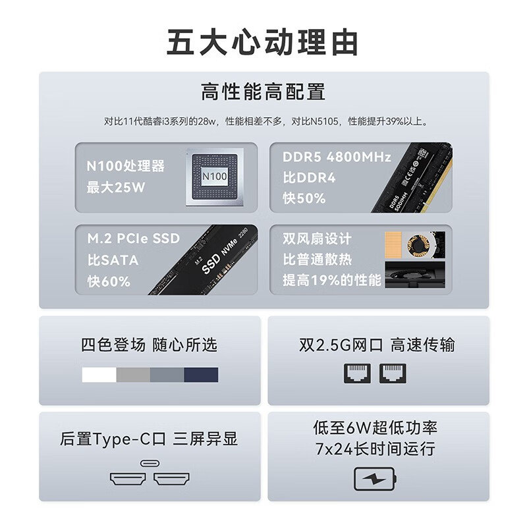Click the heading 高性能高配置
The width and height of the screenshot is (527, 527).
pos(263,91)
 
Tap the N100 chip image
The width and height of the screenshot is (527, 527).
pos(214,177)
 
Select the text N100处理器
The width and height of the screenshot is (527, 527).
pos(125,166)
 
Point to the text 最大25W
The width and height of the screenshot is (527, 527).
pos(116,188)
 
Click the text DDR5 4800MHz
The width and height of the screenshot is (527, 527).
pos(337,157)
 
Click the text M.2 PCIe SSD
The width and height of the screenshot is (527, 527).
pos(133,238)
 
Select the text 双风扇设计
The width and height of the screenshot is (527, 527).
pos(317,238)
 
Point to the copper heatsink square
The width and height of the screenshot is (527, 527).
pos(397,244)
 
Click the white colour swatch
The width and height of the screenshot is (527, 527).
pos(99,375)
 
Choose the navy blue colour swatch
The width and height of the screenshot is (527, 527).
pos(201,375)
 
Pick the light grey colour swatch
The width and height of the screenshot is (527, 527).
pos(133,375)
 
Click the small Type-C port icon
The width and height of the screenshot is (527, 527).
pos(148,463)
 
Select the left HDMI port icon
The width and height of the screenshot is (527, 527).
pos(126,479)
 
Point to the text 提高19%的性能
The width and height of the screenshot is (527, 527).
pos(332,281)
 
